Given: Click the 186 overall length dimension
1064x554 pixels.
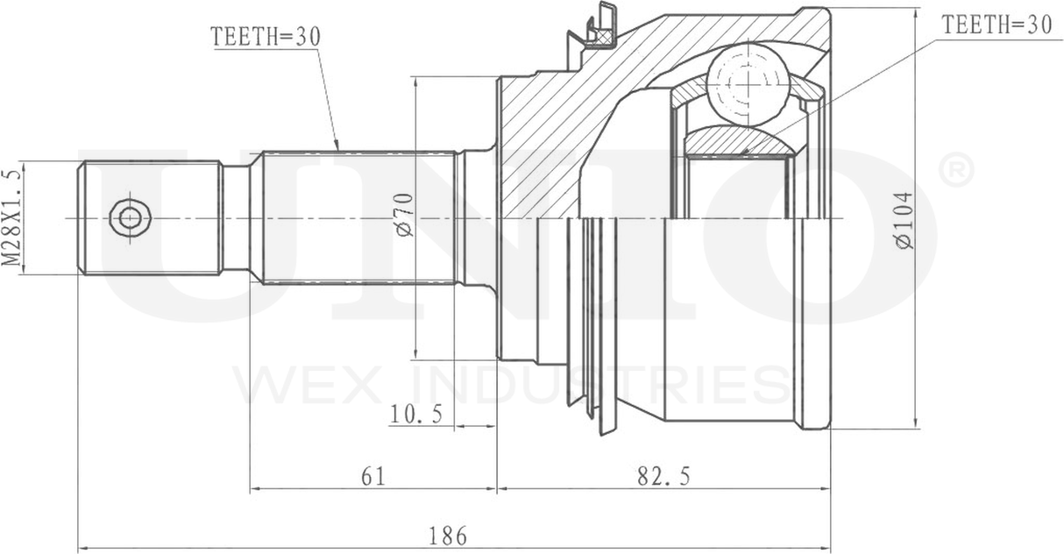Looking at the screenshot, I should pos(448,532).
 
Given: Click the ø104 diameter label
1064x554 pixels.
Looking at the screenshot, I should pos(904,220).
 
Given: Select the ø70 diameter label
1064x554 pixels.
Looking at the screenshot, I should pos(403,215).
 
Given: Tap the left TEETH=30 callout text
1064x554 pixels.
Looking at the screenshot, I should pos(266,36).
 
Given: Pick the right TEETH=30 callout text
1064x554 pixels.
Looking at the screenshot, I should pos(996,25).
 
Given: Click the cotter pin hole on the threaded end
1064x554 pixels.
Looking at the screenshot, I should pos(129,217).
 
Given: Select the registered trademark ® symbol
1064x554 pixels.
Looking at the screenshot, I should pos(955,170).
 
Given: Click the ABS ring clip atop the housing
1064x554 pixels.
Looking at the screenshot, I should pos(598,30).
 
